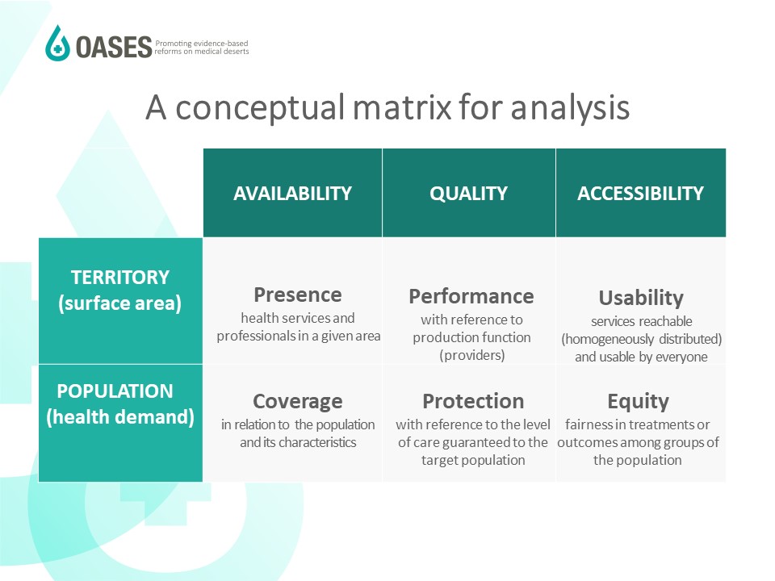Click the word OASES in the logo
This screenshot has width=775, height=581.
[x=114, y=48]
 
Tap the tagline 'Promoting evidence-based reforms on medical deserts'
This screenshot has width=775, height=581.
[x=202, y=48]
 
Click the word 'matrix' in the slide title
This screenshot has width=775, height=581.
[x=402, y=107]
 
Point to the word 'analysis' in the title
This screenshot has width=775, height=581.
[x=570, y=108]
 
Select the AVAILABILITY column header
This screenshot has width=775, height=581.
[x=292, y=193]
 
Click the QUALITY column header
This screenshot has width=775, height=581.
[x=468, y=193]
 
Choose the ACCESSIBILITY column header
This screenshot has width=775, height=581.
[x=640, y=193]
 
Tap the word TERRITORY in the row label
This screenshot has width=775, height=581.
[x=120, y=277]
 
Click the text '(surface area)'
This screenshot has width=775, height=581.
[x=120, y=303]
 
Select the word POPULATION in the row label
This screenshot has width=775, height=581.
[x=115, y=391]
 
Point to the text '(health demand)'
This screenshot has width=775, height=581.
[x=120, y=417]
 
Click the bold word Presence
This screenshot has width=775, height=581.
[x=298, y=295]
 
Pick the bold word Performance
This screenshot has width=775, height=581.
[x=471, y=296]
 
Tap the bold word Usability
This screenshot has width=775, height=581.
[x=641, y=298]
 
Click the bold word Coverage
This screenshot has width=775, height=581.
[x=298, y=402]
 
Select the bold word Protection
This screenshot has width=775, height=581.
[x=473, y=401]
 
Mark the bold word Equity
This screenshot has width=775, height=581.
[x=638, y=402]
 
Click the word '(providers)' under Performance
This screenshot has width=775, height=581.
[x=472, y=355]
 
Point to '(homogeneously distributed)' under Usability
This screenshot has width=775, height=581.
[x=642, y=339]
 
